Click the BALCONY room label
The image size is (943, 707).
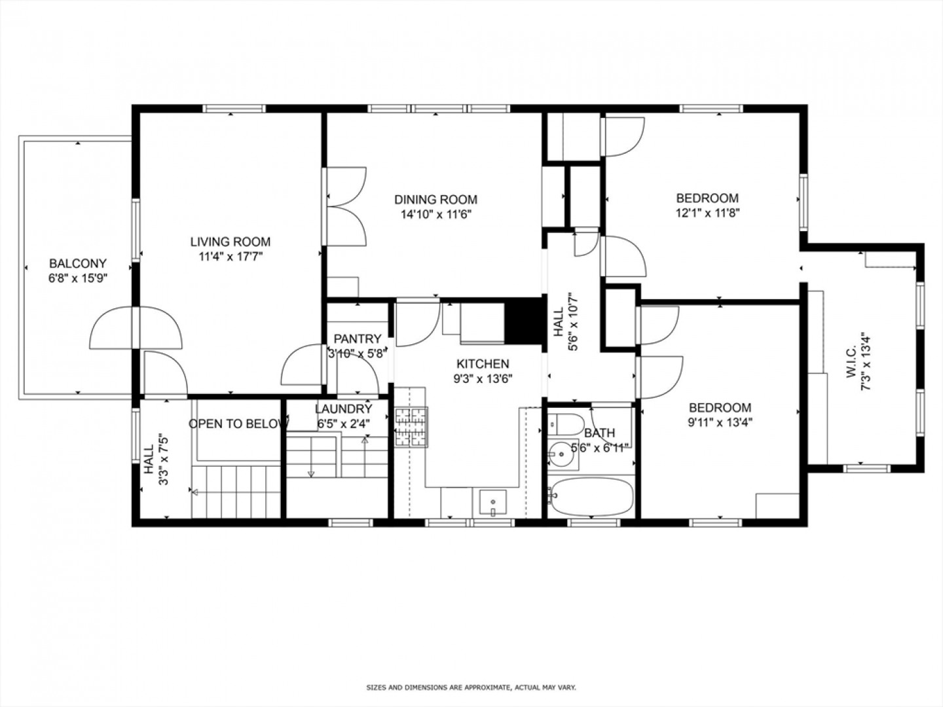(x=78, y=263)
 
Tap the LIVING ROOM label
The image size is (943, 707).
(x=231, y=242)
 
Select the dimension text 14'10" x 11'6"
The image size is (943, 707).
(x=436, y=214)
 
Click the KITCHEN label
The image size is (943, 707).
(x=483, y=364)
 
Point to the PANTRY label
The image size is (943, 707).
(x=358, y=339)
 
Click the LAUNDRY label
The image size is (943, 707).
(x=344, y=408)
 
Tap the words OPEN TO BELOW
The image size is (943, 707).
(x=238, y=424)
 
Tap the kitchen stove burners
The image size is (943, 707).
(x=411, y=427)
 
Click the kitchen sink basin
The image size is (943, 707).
(x=492, y=503)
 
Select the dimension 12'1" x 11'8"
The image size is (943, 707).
(x=707, y=213)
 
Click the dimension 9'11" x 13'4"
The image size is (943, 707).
(x=720, y=422)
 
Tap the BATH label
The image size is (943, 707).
(x=599, y=433)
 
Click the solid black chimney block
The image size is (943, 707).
(x=523, y=321)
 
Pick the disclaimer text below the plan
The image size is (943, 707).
(x=471, y=687)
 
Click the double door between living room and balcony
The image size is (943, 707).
(x=136, y=328)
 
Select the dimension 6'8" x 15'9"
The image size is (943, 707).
(x=78, y=278)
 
